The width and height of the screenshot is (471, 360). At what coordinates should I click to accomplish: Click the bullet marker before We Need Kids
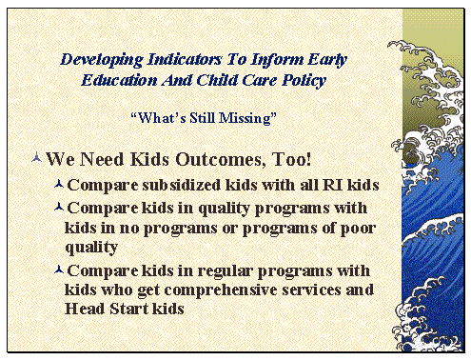[36, 156]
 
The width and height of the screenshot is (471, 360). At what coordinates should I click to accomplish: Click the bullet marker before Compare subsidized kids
[60, 183]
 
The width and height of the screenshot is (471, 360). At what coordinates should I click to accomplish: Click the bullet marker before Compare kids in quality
[60, 206]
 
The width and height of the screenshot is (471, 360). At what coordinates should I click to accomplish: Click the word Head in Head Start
[84, 310]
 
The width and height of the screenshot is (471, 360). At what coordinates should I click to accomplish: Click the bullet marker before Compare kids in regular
[60, 270]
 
